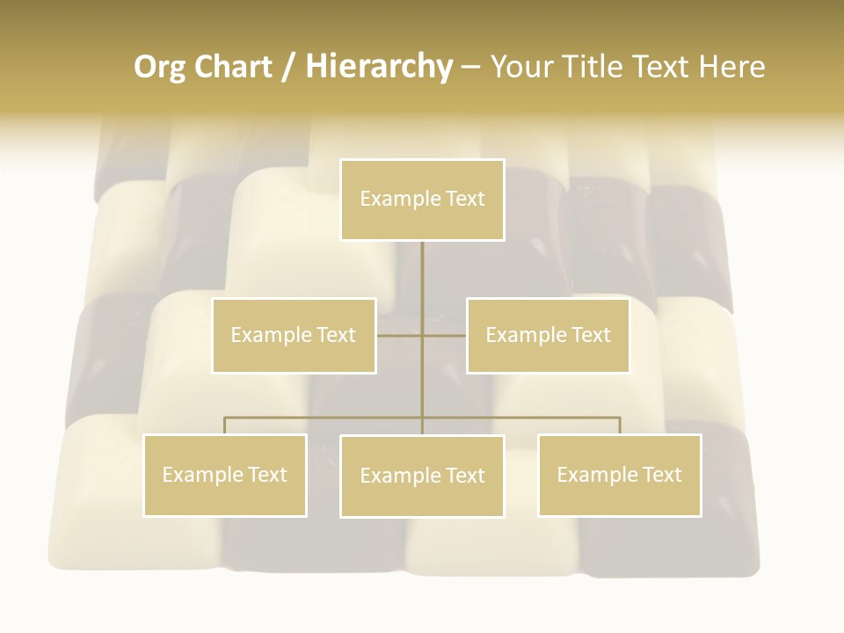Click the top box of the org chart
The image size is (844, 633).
click(422, 200)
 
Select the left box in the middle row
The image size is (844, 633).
click(294, 335)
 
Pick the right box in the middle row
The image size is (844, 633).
click(548, 335)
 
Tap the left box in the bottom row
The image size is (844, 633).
click(225, 475)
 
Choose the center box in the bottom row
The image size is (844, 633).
click(422, 476)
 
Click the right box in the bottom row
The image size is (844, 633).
click(619, 475)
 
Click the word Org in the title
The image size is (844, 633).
click(159, 67)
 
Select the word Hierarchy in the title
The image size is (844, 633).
click(379, 67)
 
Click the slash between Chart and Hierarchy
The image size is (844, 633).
click(289, 67)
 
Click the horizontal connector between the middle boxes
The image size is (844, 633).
click(422, 335)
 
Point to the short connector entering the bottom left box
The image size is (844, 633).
click(225, 426)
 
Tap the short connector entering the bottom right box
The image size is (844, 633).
click(620, 426)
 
